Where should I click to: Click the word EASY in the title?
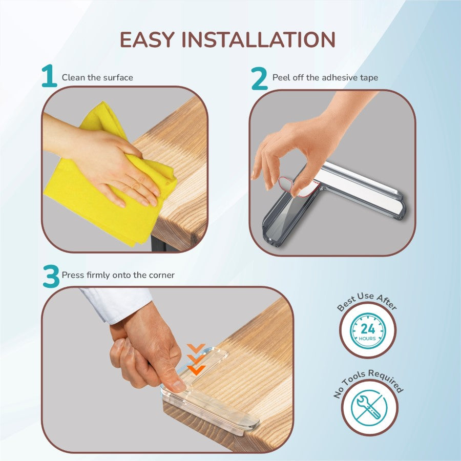[148, 39]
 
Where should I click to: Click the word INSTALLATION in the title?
[259, 39]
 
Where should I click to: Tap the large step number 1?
[49, 76]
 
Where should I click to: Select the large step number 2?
[260, 78]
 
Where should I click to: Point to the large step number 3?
[51, 277]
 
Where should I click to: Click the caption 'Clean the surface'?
[97, 78]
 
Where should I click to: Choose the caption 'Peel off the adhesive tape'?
[325, 78]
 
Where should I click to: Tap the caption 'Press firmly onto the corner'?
[118, 275]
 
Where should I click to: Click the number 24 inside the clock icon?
[367, 328]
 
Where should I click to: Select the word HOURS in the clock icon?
[367, 339]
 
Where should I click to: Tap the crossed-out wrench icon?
[369, 408]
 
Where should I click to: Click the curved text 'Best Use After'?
[367, 301]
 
